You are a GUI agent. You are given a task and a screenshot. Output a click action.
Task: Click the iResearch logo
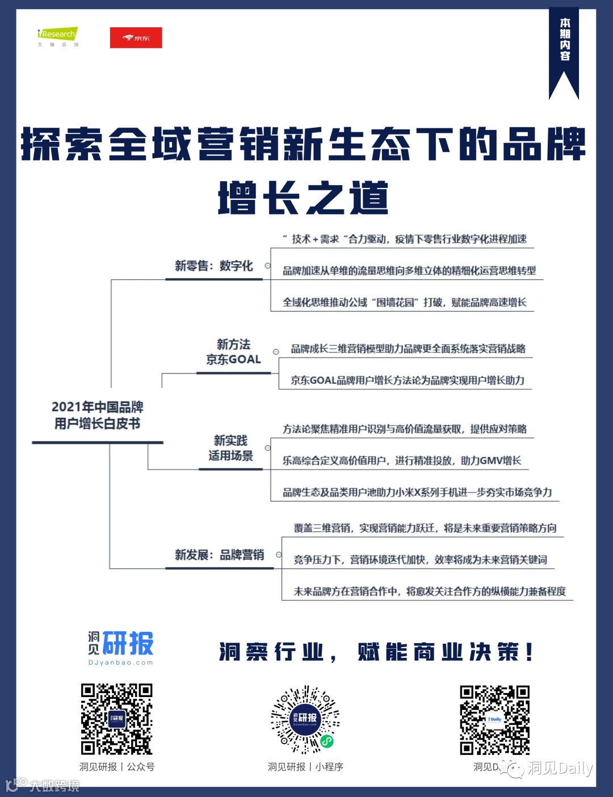point(57,36)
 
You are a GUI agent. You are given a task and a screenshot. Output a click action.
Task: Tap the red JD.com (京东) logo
point(136,38)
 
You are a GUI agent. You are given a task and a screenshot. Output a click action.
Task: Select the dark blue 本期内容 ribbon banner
point(564,51)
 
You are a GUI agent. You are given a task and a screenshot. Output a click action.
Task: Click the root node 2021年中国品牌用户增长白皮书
point(98,415)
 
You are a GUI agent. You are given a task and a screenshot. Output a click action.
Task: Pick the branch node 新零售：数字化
point(213,266)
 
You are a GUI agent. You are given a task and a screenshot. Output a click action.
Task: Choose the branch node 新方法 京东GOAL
point(233,352)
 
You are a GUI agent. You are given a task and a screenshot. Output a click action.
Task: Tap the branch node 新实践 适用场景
point(230,448)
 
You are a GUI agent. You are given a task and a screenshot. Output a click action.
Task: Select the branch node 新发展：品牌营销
point(219,555)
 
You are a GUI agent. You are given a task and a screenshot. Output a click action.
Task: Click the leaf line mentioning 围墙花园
point(404,302)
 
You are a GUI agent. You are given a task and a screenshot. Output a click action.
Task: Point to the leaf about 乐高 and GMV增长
point(402,460)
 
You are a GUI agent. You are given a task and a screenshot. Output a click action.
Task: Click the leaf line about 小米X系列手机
point(417,492)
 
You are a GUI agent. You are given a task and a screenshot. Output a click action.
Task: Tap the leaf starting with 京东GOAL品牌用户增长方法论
point(408,380)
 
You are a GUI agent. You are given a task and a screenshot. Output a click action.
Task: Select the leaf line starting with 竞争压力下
point(420,560)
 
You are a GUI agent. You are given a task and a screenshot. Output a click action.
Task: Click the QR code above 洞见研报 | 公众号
point(116,719)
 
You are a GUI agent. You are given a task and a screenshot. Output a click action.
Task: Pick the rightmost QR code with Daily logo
point(494,720)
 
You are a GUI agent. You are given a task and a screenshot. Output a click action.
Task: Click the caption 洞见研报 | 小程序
point(305,767)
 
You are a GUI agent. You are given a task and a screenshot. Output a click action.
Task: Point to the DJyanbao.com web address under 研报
point(120,662)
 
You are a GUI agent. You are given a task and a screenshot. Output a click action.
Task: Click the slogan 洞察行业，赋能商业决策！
point(376,652)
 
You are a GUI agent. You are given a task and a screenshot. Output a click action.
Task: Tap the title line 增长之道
point(304,198)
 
